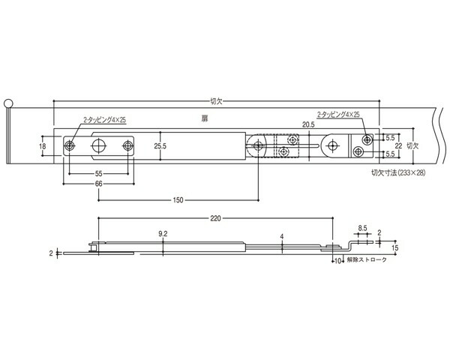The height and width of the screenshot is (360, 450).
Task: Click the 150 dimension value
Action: pos(178,200)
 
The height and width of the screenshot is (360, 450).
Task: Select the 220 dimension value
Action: pos(215,219)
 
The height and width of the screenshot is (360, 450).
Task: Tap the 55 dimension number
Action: pos(98,174)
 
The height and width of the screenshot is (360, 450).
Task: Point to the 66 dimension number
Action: pos(98,184)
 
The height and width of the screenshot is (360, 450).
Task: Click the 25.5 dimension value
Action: pos(160,146)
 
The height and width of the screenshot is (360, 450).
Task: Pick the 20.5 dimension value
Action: pos(308,124)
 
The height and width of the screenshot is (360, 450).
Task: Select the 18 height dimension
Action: pos(43,146)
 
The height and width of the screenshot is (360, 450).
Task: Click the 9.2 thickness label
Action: pos(163,234)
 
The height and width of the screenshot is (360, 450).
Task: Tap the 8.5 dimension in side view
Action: pos(362,228)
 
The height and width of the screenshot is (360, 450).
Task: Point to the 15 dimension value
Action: pos(395,247)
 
